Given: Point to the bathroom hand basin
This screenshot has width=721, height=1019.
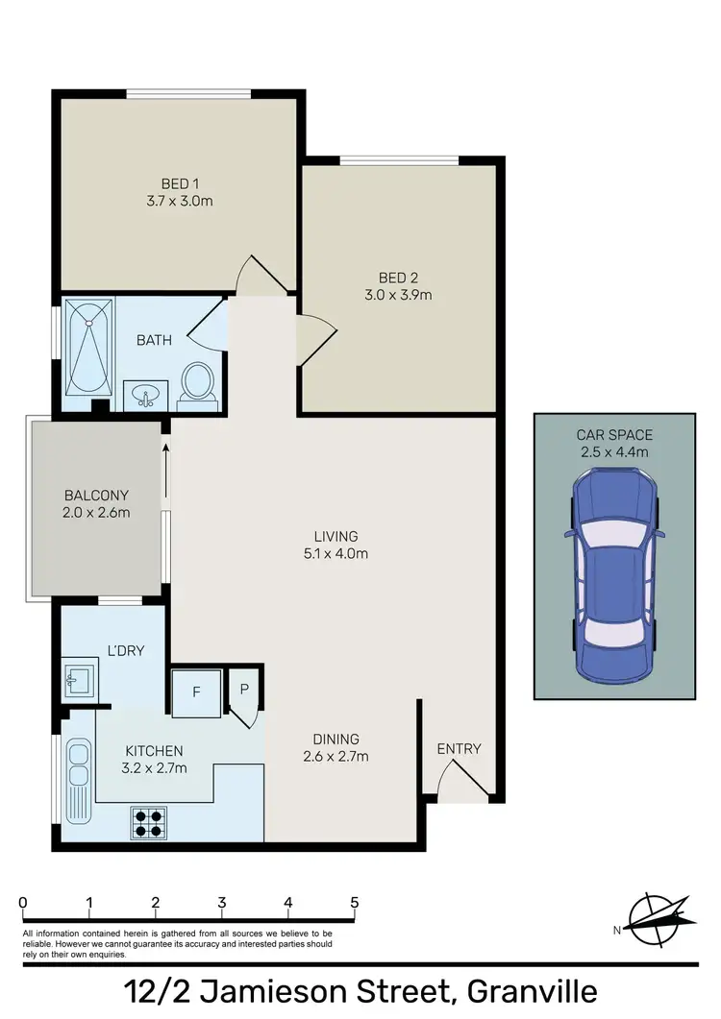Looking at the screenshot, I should (x=145, y=395).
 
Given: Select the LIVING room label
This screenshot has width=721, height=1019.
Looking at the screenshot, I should (x=336, y=536).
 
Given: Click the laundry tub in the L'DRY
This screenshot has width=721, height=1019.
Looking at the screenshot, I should (x=79, y=680).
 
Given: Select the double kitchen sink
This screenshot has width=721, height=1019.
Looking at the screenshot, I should (x=77, y=780).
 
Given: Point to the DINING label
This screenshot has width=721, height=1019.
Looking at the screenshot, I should (x=336, y=739).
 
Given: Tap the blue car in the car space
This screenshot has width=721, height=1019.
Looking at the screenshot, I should (x=614, y=572).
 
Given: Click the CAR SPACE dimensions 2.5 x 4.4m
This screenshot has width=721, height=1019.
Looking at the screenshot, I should (x=615, y=451).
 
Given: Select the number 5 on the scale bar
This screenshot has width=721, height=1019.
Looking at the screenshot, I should (x=355, y=903).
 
